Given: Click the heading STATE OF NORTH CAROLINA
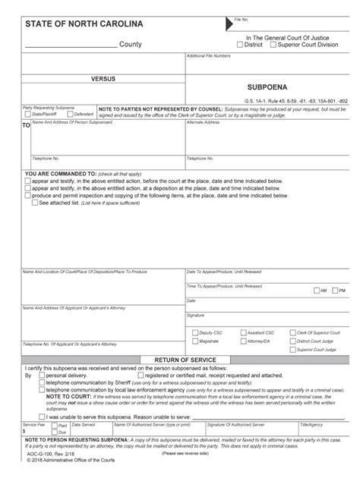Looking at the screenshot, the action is tap(72, 24).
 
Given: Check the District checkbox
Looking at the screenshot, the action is tap(239, 44).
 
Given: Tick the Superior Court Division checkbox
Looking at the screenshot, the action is tap(275, 44).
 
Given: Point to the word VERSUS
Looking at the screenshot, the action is tap(103, 79).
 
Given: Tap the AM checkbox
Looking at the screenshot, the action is tap(316, 291).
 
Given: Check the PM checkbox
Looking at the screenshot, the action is tap(335, 291).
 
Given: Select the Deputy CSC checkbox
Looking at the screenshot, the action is tap(195, 332).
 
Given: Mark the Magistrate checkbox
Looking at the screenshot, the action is tap(195, 341).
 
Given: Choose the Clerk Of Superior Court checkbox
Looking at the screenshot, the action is tap(292, 332).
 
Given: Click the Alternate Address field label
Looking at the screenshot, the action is tap(201, 121).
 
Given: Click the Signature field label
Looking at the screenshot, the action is tap(196, 314).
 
